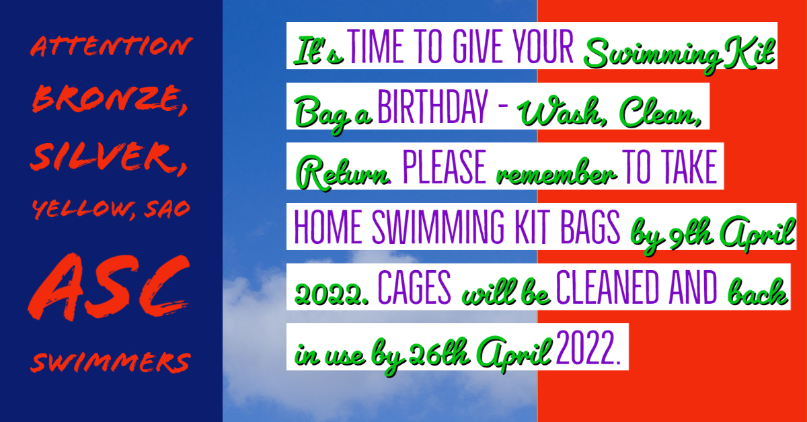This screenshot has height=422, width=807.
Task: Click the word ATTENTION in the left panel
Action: tap(112, 46)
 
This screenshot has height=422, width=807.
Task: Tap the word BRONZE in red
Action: tap(107, 99)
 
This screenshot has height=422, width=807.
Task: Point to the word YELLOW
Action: tap(81, 208)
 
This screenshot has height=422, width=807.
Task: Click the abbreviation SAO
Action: tap(167, 209)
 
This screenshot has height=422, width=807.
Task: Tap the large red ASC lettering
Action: tap(109, 287)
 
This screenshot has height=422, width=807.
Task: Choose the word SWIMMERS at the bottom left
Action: tap(110, 362)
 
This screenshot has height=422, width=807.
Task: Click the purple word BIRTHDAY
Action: tap(432, 107)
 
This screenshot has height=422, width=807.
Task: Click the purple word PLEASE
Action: tap(445, 167)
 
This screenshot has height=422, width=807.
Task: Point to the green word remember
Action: tap(556, 173)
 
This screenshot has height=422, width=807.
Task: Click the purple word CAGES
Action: tap(414, 288)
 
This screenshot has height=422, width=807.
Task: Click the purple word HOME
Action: tap(328, 228)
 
